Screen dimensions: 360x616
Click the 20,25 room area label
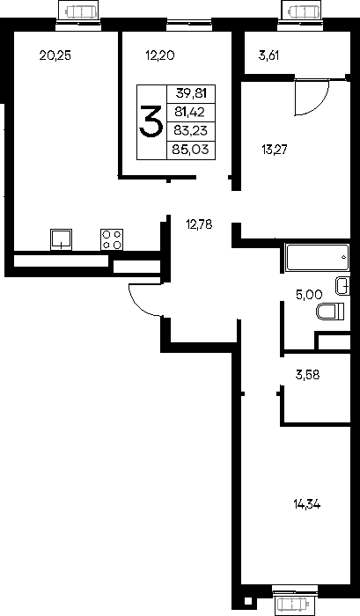tap(55, 55)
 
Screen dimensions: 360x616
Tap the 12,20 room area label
tap(159, 55)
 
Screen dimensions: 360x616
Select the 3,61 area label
tap(268, 55)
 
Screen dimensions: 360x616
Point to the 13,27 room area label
tap(275, 150)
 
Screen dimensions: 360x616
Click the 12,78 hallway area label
tap(199, 224)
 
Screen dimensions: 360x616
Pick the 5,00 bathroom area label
tap(309, 295)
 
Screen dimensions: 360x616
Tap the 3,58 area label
tap(307, 375)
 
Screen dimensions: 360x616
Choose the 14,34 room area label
tap(307, 503)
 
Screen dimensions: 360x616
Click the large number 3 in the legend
tap(151, 122)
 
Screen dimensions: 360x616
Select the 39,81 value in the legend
tap(191, 93)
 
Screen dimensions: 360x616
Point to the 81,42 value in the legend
tap(190, 113)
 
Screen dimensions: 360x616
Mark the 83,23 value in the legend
tap(191, 130)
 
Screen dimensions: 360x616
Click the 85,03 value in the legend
tap(191, 150)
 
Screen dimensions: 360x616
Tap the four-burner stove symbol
tap(112, 239)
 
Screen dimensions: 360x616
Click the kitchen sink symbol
tap(61, 239)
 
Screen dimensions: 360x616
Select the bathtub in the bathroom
tap(318, 258)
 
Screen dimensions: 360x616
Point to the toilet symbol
tap(330, 312)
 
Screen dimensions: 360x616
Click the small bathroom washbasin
tap(342, 286)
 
